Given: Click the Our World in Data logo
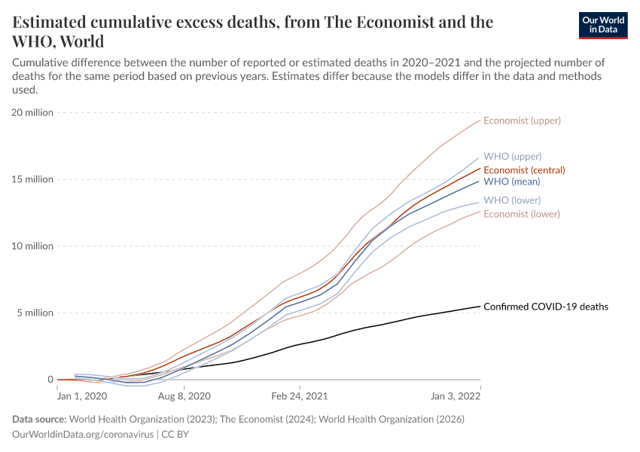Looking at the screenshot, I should tap(603, 25).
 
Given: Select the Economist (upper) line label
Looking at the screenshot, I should tap(522, 121).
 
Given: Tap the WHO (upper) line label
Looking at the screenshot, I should tap(512, 157).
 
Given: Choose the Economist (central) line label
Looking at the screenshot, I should tap(524, 169).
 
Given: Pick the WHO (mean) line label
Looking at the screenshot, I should tap(511, 182).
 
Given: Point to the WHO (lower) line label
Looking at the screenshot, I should tap(512, 200).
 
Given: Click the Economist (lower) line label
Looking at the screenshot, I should tap(522, 214).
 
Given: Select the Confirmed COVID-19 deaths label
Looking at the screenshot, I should tap(545, 307).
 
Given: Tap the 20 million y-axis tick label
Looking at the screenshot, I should tap(32, 113).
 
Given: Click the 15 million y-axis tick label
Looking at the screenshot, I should tap(32, 179).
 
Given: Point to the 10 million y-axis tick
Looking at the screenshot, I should tap(32, 246).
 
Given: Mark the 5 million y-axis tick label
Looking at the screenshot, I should tap(35, 313).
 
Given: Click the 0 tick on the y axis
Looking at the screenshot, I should tap(50, 380).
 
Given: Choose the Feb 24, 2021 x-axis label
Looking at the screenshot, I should tap(299, 395).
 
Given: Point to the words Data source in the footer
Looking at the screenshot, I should tap(39, 420).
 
